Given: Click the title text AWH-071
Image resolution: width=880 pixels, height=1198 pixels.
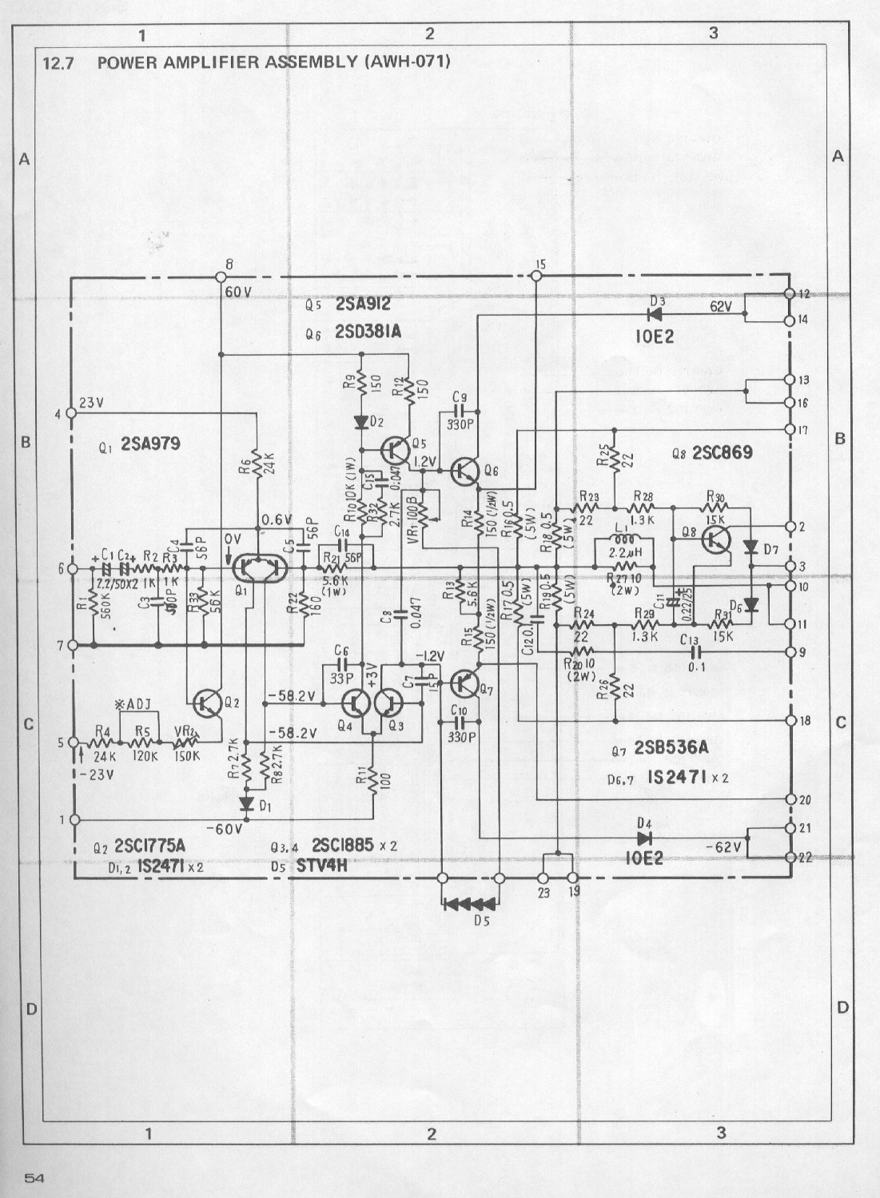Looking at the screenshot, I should point(407,62).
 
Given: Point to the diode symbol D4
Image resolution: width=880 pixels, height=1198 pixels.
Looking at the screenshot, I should point(644,838).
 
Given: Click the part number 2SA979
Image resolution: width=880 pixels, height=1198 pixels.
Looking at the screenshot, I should point(150,444).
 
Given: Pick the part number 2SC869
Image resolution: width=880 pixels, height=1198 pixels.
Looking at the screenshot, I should point(723,453).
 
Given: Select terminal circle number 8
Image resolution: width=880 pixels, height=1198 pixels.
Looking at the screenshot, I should point(220,277).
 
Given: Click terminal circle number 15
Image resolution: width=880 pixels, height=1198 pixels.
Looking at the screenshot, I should point(536,277).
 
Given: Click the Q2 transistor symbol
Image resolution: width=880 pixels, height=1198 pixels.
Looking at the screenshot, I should point(208,702).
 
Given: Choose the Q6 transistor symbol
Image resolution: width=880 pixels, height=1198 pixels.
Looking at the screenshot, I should point(464,472).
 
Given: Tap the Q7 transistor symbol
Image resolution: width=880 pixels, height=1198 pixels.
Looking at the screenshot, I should point(464,683).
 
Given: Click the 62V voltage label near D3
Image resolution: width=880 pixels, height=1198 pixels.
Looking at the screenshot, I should point(721,307).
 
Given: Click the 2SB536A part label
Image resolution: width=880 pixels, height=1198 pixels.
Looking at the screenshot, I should point(671,748).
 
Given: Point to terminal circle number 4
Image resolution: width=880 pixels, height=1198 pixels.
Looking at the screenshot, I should point(71,413).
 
